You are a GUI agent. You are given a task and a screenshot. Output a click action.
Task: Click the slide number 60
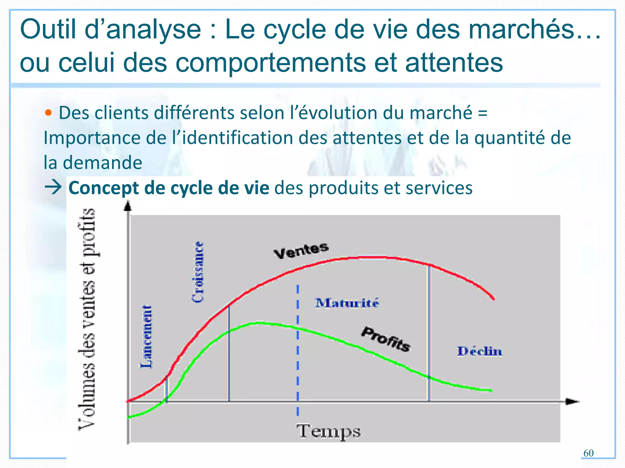[588, 453]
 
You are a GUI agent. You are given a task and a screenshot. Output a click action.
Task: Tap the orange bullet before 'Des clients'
[48, 113]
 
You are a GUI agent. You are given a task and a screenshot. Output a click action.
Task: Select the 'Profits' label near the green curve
[386, 339]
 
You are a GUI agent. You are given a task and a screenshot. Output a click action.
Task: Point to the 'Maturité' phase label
[347, 303]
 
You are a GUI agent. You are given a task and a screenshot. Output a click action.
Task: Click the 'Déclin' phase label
[479, 351]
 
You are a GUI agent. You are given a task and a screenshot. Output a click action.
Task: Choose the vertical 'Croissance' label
[198, 272]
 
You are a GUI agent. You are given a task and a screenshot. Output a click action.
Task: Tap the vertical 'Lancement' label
[146, 336]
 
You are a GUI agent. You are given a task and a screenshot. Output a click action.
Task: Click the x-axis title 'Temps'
[328, 431]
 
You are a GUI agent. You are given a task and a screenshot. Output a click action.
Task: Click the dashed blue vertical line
[298, 350]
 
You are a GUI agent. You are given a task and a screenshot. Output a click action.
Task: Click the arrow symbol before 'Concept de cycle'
[53, 187]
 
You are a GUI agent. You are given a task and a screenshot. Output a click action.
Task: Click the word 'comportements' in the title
[270, 62]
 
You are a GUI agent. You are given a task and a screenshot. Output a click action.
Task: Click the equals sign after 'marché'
[482, 113]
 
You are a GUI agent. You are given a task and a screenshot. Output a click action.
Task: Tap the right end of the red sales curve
[493, 299]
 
